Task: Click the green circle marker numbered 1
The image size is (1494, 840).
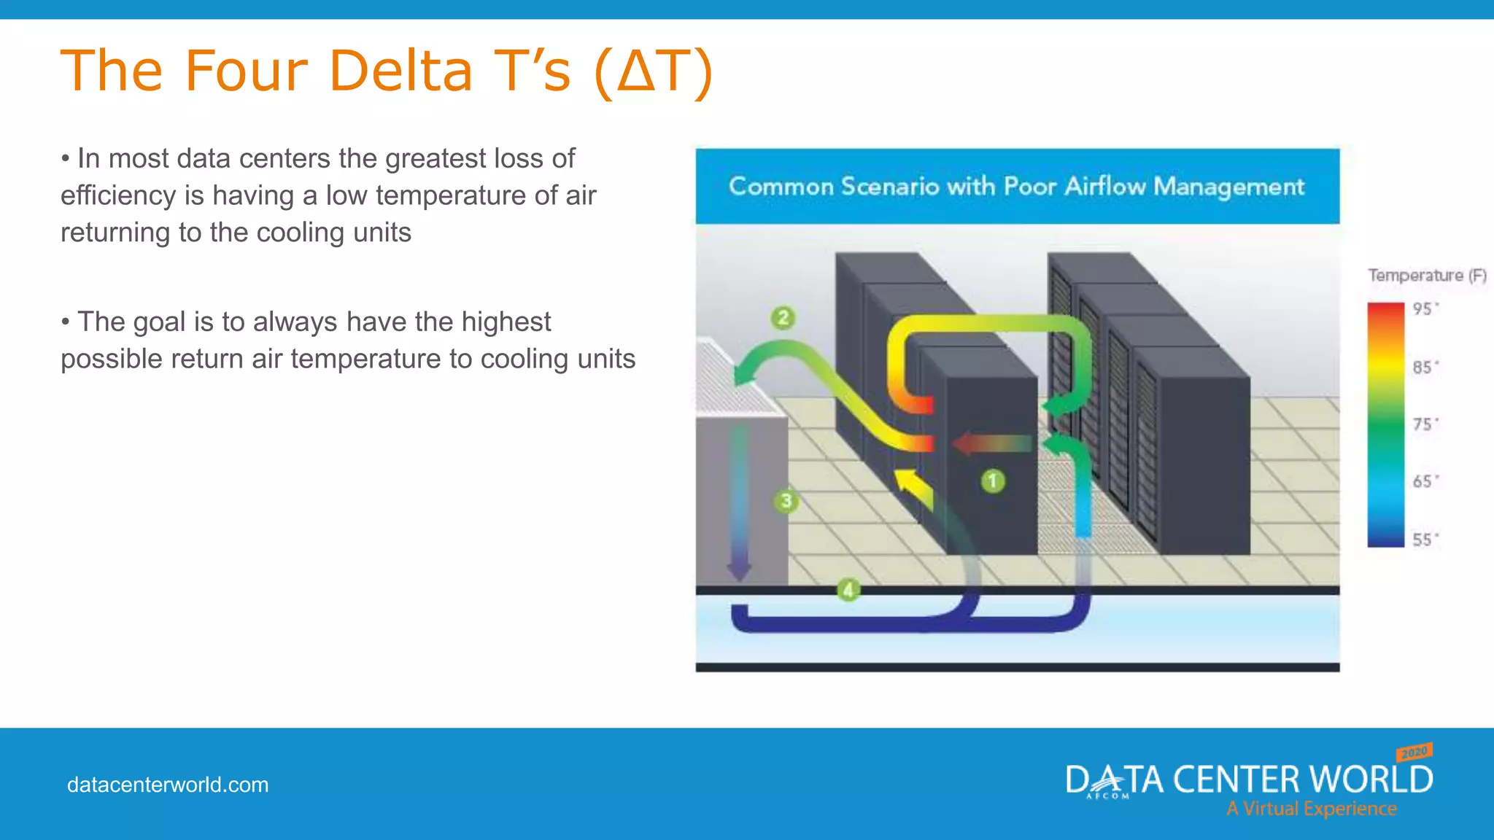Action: click(x=993, y=481)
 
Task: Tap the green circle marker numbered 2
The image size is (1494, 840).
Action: click(x=783, y=318)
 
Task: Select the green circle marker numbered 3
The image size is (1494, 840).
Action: click(x=786, y=501)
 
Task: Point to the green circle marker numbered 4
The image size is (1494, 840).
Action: click(x=848, y=589)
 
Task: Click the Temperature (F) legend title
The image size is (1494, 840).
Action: click(x=1426, y=276)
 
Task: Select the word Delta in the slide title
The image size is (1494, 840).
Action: click(x=400, y=71)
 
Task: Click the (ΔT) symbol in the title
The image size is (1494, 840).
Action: click(x=654, y=71)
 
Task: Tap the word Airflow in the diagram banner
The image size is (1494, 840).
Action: click(x=1105, y=187)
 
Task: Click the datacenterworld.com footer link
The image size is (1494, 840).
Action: click(x=168, y=785)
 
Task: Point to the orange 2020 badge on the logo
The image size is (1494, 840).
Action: click(x=1414, y=752)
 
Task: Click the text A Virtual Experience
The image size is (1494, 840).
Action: click(x=1311, y=809)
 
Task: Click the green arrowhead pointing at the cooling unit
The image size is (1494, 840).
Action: click(x=746, y=373)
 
